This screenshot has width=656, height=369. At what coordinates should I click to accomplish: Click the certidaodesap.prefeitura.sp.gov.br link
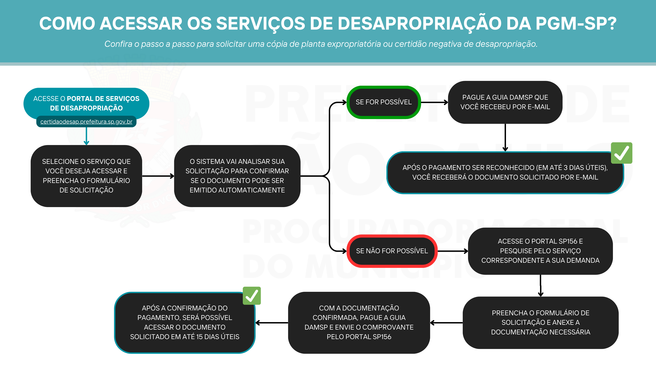pos(86,122)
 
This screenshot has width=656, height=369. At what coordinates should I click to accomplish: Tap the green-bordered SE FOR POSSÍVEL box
pos(383,102)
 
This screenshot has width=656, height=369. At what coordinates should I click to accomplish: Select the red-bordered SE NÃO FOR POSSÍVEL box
pos(392,251)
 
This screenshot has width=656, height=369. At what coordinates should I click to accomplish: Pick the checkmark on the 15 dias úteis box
pos(252,296)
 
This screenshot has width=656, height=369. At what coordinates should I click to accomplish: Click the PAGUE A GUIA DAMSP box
pos(505,102)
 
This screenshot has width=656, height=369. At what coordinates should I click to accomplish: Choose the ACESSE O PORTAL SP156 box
pos(540,251)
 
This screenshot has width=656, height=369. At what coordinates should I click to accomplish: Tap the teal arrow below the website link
pos(86,136)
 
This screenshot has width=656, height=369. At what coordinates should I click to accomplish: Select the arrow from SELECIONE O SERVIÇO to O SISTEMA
pos(158,176)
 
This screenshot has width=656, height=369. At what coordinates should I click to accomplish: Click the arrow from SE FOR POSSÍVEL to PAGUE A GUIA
pos(434,102)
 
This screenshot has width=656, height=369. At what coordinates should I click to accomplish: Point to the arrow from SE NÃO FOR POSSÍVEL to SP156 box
pos(453,251)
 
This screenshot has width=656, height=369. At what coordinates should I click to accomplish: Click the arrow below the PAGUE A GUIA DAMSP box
pos(505,137)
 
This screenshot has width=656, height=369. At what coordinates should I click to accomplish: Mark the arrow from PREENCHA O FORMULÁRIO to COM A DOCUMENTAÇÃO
pos(446,323)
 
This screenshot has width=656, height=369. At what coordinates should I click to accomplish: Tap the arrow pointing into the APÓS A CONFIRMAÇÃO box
pos(271,323)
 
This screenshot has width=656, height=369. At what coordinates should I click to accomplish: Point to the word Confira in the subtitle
pos(118,44)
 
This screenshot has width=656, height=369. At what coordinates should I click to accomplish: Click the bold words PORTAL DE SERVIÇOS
pos(103,99)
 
